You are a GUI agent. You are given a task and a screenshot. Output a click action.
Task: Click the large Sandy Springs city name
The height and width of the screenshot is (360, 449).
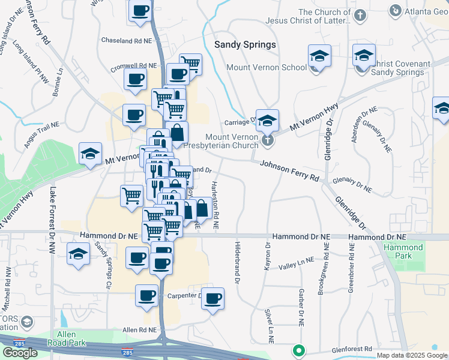coord(245,45)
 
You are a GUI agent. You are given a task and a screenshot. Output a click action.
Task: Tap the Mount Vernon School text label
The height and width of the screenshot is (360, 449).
coord(266,67)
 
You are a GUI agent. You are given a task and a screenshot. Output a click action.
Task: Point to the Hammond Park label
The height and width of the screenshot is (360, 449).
coord(403,251)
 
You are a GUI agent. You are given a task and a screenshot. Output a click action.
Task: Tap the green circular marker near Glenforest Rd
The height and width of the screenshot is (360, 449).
coord(298,350)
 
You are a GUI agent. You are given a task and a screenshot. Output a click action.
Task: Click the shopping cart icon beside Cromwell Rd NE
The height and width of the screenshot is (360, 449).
coord(190,64)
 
